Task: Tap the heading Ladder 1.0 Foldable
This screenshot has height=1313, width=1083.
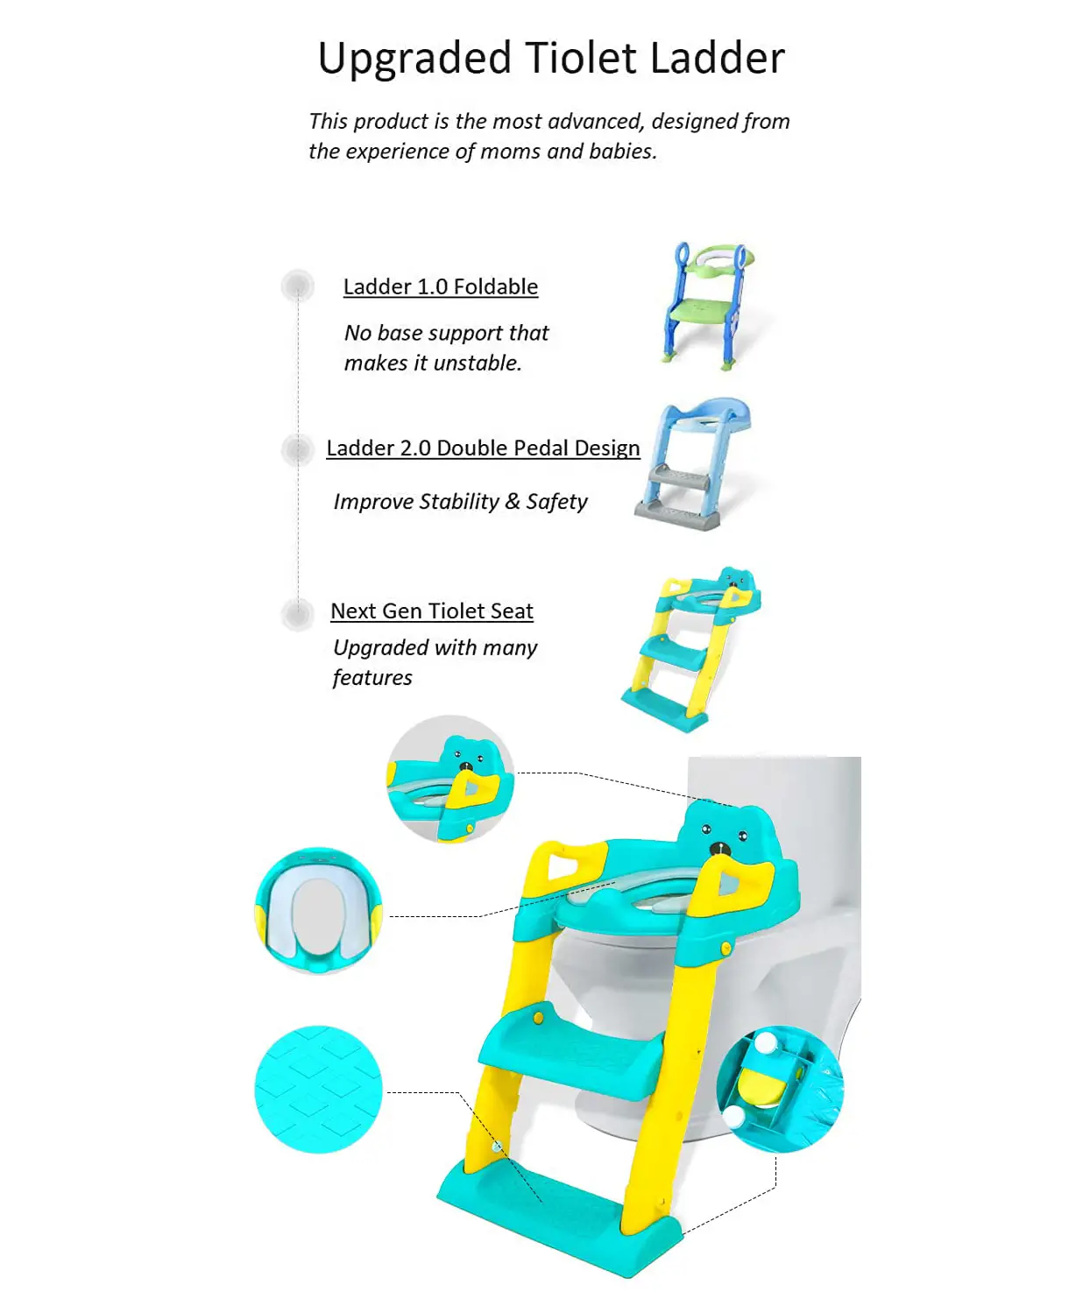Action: (x=440, y=286)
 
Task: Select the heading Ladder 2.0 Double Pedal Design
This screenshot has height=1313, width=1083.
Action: (x=483, y=448)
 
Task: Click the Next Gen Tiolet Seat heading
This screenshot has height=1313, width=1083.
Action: (x=432, y=611)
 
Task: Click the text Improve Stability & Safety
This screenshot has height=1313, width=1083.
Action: (x=460, y=502)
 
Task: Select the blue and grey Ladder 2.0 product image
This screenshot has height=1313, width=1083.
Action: (x=693, y=462)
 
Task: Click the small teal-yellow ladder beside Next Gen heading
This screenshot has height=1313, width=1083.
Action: (x=690, y=649)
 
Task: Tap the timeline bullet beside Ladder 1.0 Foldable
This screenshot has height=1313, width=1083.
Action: (x=298, y=286)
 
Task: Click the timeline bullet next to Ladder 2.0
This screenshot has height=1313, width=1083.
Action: (x=298, y=449)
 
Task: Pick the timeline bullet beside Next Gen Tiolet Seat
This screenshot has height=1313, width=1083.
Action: (x=298, y=614)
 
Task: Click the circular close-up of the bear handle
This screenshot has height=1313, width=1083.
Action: (x=450, y=779)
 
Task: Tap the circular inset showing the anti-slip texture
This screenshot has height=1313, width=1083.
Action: (x=318, y=1090)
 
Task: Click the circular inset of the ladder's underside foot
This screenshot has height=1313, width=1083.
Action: (x=780, y=1090)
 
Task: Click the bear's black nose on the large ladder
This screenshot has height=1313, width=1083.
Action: (x=719, y=850)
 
